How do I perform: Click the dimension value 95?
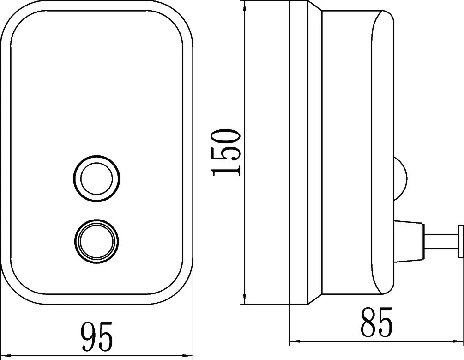(97, 336)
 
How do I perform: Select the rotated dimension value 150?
(225, 153)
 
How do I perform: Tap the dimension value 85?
(376, 322)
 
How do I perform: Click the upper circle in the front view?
(96, 179)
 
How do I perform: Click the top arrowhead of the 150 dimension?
(244, 6)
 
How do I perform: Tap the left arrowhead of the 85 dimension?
(295, 341)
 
